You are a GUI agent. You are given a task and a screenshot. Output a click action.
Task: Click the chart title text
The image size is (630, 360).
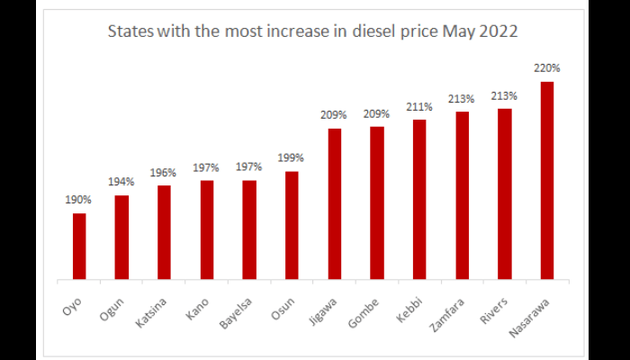[312, 32]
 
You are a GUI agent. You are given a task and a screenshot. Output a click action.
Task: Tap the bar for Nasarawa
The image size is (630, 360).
[546, 180]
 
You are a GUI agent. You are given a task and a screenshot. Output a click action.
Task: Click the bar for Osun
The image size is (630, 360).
[292, 225]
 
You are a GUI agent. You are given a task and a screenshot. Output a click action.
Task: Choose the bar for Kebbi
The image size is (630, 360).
[419, 199]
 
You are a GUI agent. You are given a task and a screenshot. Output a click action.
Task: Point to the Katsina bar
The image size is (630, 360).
[164, 232]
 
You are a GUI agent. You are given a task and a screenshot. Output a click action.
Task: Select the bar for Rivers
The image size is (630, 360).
[504, 193]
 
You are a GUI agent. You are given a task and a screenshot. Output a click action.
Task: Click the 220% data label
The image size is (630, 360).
[546, 67]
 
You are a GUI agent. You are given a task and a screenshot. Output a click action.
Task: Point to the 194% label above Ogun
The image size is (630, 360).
[121, 182]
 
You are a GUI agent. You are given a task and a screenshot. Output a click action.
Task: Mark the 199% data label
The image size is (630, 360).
[292, 157]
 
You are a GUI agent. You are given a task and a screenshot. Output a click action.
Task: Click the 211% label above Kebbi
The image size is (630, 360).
[419, 106]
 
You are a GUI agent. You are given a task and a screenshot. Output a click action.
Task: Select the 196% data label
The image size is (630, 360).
[164, 172]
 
